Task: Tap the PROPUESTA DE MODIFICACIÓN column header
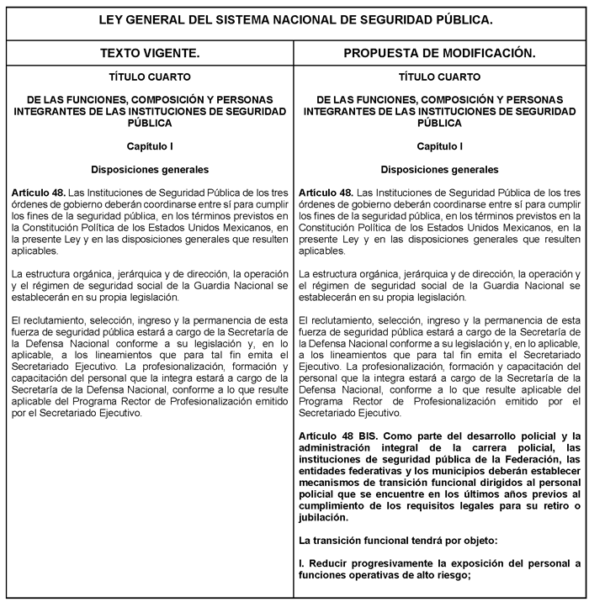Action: (439, 54)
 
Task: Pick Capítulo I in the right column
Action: (439, 146)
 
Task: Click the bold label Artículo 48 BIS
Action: (340, 436)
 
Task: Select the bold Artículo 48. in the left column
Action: (39, 193)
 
